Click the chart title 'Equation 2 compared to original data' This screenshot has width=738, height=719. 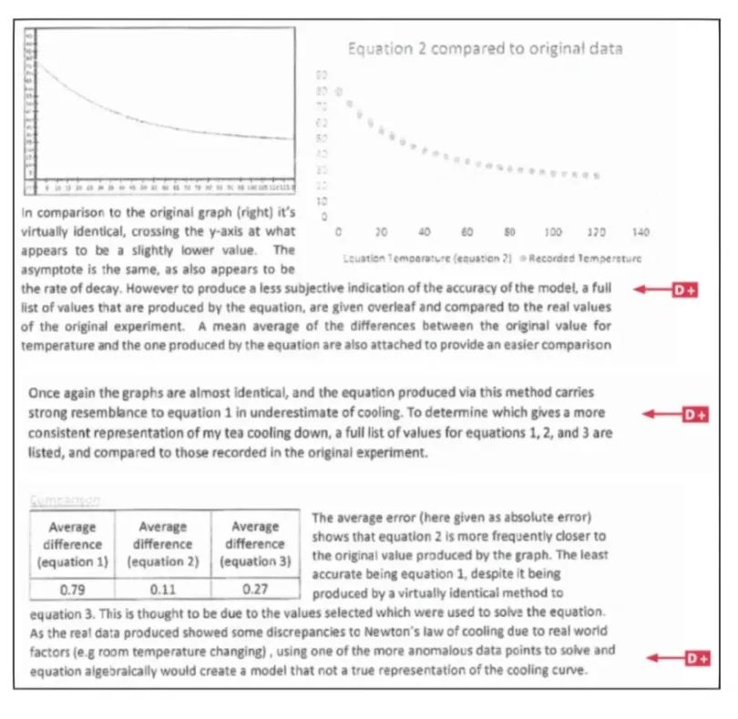(x=485, y=48)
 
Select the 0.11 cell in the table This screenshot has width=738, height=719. (x=163, y=588)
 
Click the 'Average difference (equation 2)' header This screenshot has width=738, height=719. (x=163, y=544)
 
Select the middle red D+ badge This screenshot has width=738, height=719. (x=695, y=415)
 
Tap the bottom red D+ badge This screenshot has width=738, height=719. (x=696, y=658)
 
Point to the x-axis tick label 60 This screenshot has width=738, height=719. (x=466, y=233)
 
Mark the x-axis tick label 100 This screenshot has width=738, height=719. (x=553, y=233)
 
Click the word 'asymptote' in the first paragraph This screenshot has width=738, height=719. (x=50, y=269)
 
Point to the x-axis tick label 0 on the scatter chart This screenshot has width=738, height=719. (x=338, y=233)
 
